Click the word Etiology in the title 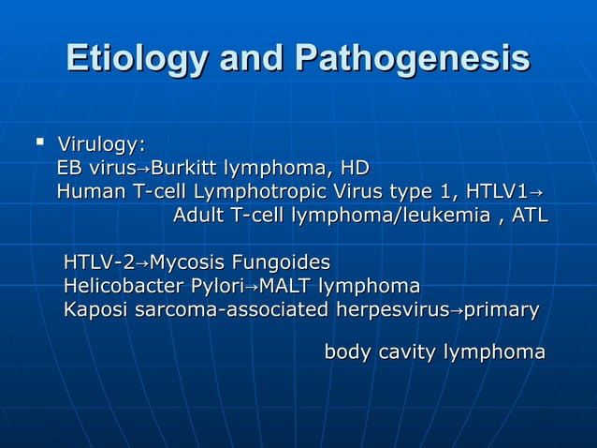tap(137, 58)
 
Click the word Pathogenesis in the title tap(412, 58)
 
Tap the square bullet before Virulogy tap(39, 142)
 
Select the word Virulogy tap(101, 144)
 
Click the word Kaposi tap(94, 309)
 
